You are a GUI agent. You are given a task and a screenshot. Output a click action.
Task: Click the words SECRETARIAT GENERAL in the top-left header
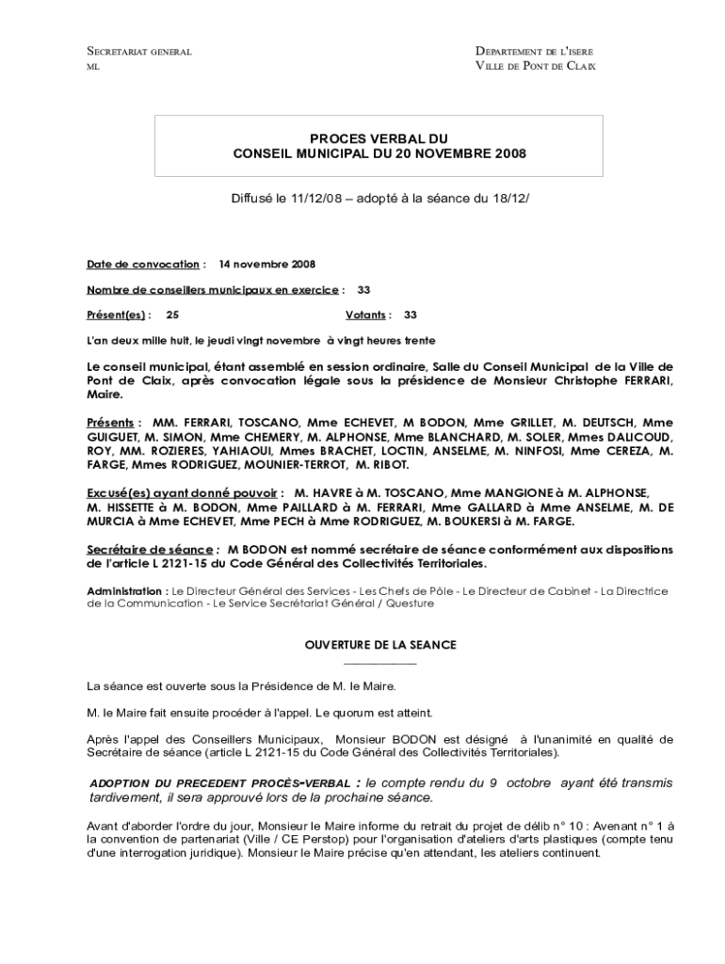[139, 51]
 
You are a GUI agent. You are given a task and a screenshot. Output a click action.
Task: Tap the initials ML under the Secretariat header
[92, 67]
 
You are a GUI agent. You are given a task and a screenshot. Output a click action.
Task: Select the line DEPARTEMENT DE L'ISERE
[534, 51]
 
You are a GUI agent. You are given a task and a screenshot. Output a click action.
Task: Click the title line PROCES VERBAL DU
[379, 138]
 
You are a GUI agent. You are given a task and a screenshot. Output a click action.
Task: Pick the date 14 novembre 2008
[266, 265]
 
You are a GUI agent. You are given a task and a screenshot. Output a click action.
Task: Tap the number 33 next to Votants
[411, 315]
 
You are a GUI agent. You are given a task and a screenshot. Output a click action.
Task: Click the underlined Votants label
[365, 315]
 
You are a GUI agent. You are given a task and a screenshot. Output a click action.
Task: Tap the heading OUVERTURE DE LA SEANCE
[379, 645]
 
